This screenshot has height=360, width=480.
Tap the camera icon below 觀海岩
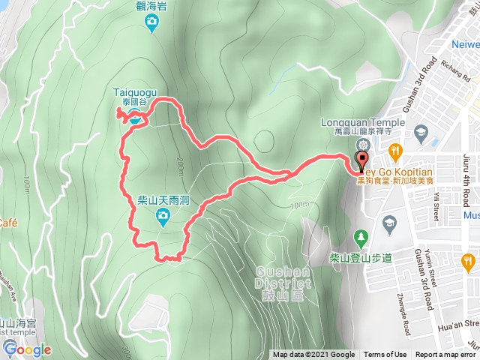pos(153,23)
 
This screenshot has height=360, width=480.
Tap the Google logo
pos(28,349)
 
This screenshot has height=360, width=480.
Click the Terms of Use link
pos(385,355)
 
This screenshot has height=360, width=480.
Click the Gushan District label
pos(282,277)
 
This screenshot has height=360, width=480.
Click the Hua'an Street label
pos(463,324)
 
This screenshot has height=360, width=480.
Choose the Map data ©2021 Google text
pos(313,355)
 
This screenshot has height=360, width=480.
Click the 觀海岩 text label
pos(153,7)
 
